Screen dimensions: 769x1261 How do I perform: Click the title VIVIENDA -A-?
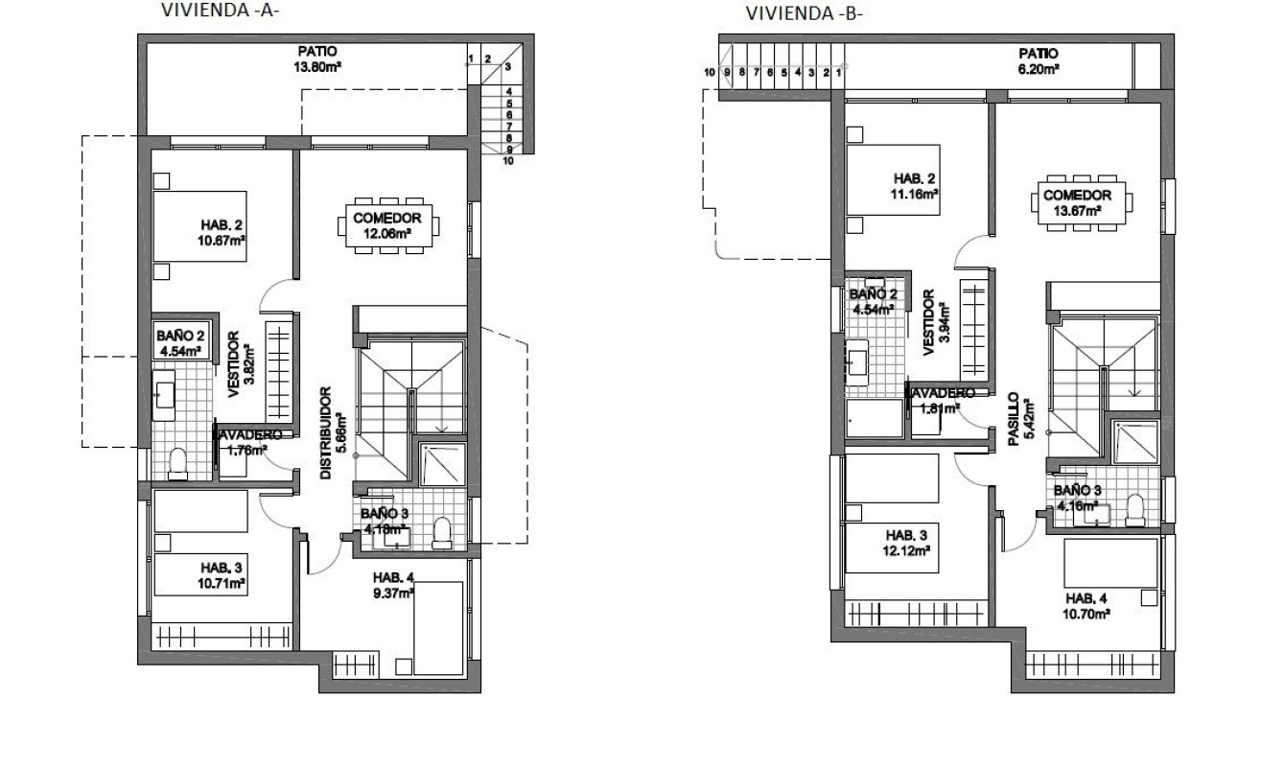coord(226,11)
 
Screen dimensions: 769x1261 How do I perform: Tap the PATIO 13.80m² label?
coord(318,59)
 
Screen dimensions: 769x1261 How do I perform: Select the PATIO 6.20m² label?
coord(1039,61)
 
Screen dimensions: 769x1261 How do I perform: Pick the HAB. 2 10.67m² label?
coord(217,233)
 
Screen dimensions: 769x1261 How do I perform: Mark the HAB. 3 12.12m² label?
coord(906,543)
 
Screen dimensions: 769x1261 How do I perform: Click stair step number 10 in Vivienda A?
coord(507,161)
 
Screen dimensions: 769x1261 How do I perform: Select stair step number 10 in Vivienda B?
coord(709,72)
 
